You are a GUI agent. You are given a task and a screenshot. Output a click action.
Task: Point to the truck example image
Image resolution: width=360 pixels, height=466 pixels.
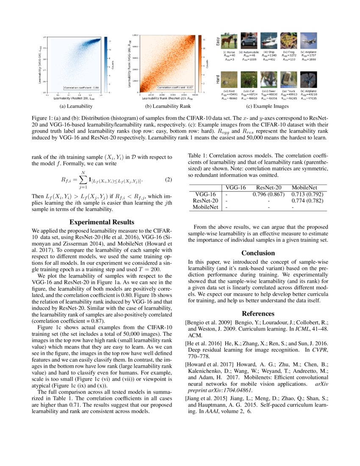pyautogui.click(x=288, y=79)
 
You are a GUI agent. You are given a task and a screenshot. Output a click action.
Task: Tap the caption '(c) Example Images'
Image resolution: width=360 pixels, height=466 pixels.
pyautogui.click(x=269, y=106)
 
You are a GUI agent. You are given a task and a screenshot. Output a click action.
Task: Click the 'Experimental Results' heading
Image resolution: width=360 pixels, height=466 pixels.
pyautogui.click(x=102, y=222)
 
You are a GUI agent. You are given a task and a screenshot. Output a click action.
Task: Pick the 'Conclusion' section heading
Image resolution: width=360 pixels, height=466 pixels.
pyautogui.click(x=258, y=253)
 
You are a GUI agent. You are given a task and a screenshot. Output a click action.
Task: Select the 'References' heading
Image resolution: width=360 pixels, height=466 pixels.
pyautogui.click(x=258, y=313)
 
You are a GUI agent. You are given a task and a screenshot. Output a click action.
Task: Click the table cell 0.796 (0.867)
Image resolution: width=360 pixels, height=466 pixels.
pyautogui.click(x=268, y=194)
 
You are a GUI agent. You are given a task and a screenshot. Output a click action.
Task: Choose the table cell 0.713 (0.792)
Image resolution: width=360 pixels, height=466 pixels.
pyautogui.click(x=307, y=194)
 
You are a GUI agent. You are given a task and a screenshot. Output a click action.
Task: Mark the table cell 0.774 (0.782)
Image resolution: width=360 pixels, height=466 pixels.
pyautogui.click(x=307, y=201)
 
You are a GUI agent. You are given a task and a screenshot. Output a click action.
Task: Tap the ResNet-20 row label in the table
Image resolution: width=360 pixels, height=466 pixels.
pyautogui.click(x=205, y=201)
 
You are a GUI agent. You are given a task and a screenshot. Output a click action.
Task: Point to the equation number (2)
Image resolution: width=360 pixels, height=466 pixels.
pyautogui.click(x=168, y=180)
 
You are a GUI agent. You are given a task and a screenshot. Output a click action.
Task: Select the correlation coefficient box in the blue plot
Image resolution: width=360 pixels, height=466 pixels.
pyautogui.click(x=81, y=88)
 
